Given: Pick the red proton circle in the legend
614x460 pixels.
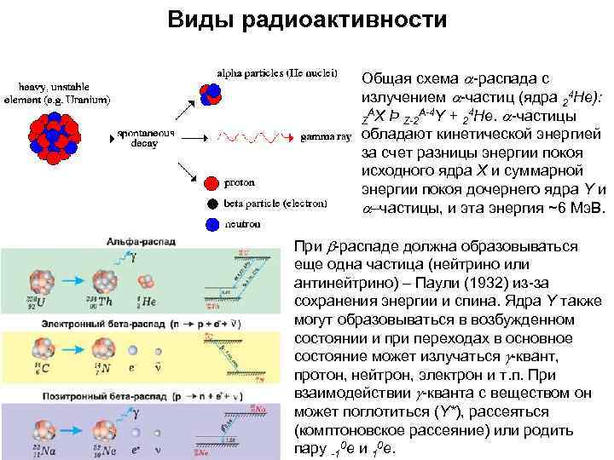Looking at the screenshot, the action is (211, 182).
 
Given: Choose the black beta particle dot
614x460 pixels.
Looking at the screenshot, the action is (211, 204).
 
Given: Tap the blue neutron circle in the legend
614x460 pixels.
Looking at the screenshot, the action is (211, 224).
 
